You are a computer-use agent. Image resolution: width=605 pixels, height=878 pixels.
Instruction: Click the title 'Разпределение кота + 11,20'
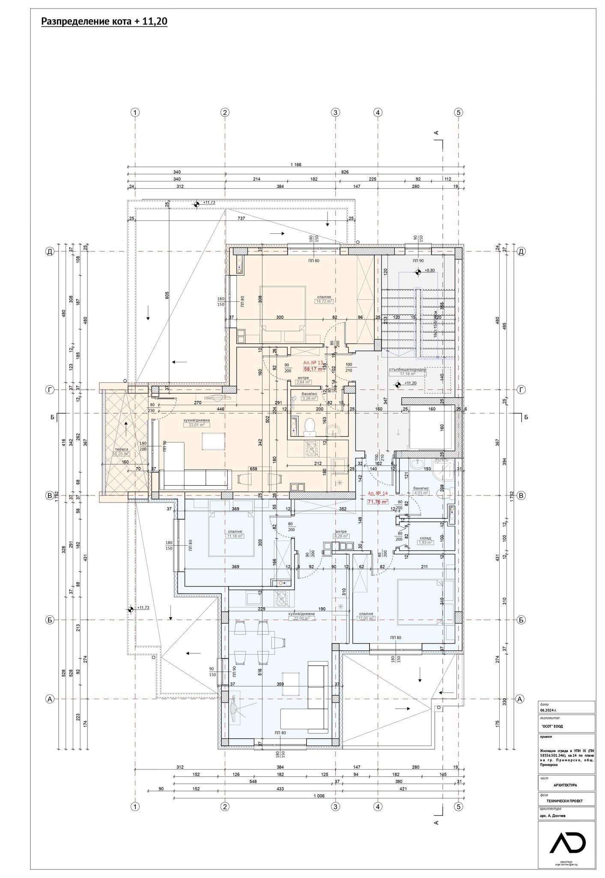[104, 22]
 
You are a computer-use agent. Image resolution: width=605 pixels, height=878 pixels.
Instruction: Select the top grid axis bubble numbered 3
[335, 113]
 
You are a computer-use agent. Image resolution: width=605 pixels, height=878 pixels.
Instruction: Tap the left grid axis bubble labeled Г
[50, 390]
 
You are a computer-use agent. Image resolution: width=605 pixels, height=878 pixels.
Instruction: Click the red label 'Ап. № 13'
[313, 362]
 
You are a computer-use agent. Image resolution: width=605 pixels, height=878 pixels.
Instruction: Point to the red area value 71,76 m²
[378, 501]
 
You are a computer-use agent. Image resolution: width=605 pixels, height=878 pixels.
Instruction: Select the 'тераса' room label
[115, 449]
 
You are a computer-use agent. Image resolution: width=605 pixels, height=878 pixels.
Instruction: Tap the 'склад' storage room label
[425, 538]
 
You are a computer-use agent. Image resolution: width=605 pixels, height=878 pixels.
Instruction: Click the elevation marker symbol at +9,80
[418, 271]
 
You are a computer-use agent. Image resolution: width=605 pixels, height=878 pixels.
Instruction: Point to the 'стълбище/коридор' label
[407, 369]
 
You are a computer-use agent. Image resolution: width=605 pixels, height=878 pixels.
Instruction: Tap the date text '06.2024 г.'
[548, 710]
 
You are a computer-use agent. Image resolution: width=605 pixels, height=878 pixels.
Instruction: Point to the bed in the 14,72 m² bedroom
[282, 308]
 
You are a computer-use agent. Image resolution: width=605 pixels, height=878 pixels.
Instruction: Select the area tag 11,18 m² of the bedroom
[235, 536]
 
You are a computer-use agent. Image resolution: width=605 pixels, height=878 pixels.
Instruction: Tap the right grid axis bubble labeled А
[520, 699]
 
